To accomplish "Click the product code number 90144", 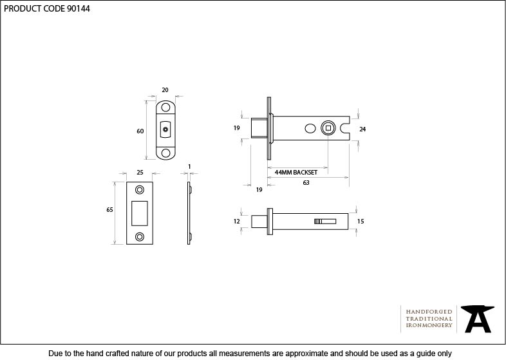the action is pyautogui.click(x=79, y=8).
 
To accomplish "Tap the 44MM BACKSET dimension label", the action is pyautogui.click(x=296, y=173).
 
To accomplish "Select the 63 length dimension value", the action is pyautogui.click(x=306, y=183).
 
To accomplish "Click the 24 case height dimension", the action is pyautogui.click(x=362, y=129).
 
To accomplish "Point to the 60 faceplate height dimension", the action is pyautogui.click(x=140, y=131).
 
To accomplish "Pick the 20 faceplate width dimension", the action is pyautogui.click(x=165, y=90).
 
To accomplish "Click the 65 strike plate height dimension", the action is pyautogui.click(x=109, y=210).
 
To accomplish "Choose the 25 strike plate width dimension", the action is pyautogui.click(x=140, y=173).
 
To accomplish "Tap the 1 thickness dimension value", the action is pyautogui.click(x=189, y=167).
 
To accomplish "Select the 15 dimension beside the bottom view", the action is pyautogui.click(x=361, y=221).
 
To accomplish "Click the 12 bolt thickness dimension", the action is pyautogui.click(x=237, y=221).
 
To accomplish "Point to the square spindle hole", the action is pyautogui.click(x=328, y=128).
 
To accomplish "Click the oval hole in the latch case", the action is pyautogui.click(x=310, y=129).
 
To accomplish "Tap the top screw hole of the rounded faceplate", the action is pyautogui.click(x=165, y=107).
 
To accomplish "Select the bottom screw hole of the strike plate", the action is pyautogui.click(x=140, y=236).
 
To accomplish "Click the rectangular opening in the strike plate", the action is pyautogui.click(x=140, y=213).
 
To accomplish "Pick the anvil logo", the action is pyautogui.click(x=478, y=319).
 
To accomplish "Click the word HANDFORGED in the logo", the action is pyautogui.click(x=429, y=312).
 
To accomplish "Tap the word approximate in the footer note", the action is pyautogui.click(x=304, y=354).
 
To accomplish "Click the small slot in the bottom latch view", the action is pyautogui.click(x=325, y=222).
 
